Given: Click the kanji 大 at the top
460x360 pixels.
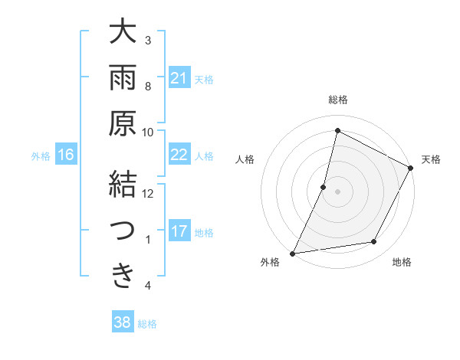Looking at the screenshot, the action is pyautogui.click(x=122, y=34).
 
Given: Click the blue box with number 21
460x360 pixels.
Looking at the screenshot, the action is pyautogui.click(x=179, y=77).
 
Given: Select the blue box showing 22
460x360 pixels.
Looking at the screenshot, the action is pyautogui.click(x=179, y=155).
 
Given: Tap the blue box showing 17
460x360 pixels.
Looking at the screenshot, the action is pyautogui.click(x=179, y=231).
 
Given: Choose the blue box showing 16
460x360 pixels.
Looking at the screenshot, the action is pyautogui.click(x=66, y=155).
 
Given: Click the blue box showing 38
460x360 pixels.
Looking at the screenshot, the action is pyautogui.click(x=123, y=322).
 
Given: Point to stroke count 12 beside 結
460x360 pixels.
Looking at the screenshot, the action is pyautogui.click(x=148, y=193).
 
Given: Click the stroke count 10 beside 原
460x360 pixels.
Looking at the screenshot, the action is pyautogui.click(x=148, y=132).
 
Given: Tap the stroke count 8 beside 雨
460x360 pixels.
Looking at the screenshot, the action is pyautogui.click(x=148, y=86).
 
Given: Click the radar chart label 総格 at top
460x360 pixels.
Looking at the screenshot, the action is pyautogui.click(x=337, y=100).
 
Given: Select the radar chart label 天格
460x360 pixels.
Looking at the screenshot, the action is pyautogui.click(x=431, y=159).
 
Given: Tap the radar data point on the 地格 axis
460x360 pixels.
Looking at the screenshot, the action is pyautogui.click(x=374, y=242).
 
